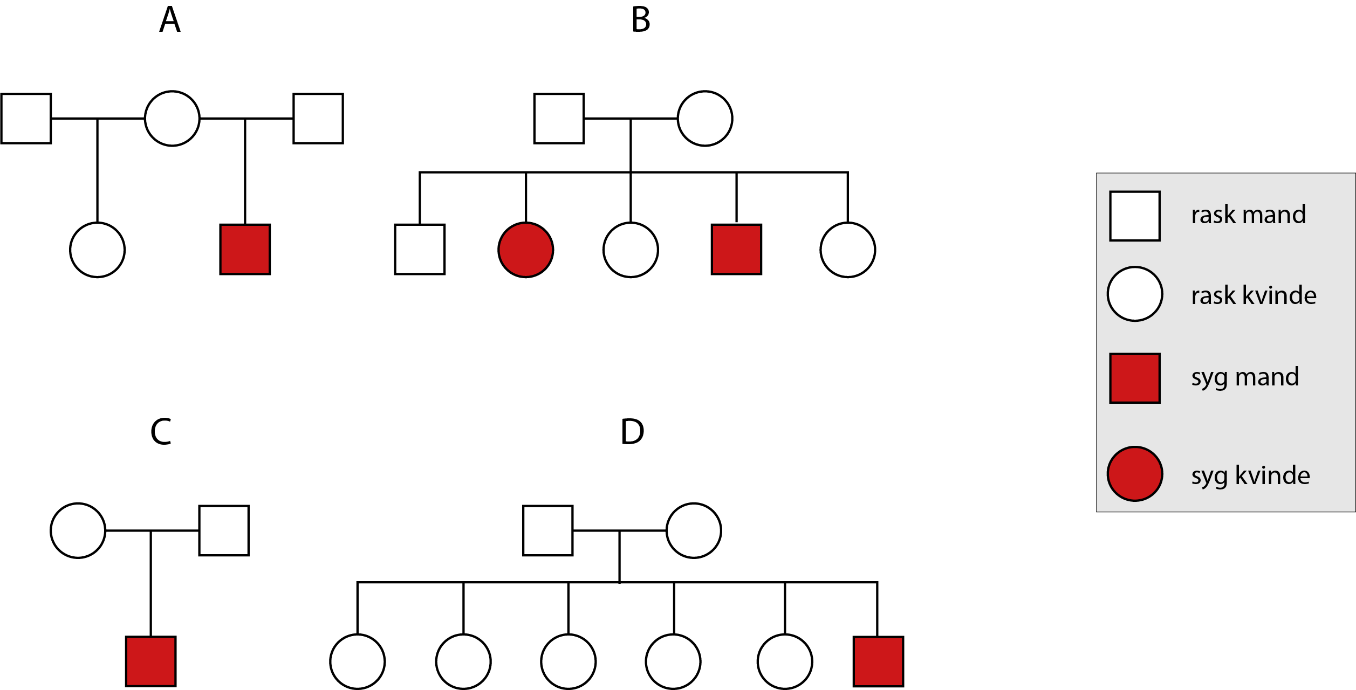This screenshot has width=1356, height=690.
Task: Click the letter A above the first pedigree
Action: point(170,20)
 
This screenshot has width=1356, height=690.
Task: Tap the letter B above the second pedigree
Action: point(641,20)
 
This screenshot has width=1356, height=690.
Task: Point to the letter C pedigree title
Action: point(161,432)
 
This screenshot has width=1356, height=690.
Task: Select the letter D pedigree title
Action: point(632,432)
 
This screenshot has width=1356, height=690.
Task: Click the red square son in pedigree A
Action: point(245,250)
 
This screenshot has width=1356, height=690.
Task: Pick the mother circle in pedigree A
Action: point(172,119)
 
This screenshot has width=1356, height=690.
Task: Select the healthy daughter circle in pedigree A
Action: point(98,250)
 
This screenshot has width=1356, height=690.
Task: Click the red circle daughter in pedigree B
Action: point(525,250)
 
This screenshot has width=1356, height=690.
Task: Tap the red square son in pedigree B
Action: point(736,250)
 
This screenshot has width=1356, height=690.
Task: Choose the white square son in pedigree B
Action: point(420,250)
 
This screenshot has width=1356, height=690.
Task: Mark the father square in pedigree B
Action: point(559,119)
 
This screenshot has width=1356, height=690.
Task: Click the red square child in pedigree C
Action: point(150,661)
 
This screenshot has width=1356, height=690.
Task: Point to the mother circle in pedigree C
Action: point(78,530)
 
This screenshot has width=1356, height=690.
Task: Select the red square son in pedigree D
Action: point(878,661)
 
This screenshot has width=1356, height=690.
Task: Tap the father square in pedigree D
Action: point(547,530)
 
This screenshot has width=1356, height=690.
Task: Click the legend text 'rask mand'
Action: point(1249,215)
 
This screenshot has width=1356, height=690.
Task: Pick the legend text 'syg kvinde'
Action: point(1250,475)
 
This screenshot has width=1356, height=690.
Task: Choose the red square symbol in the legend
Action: point(1135,378)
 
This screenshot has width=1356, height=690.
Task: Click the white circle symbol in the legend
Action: point(1135,294)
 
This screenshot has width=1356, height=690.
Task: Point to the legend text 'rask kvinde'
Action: point(1254,295)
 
